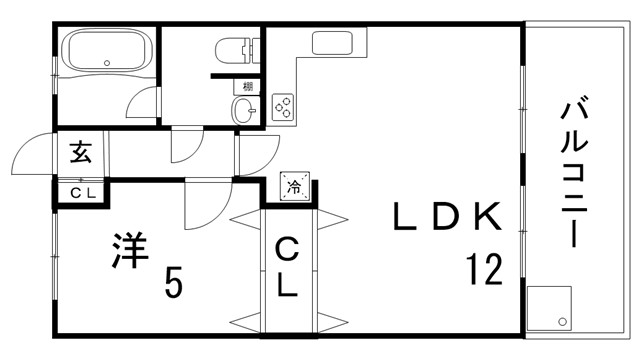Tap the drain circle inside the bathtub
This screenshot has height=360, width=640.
107,63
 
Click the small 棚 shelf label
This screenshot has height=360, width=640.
248,87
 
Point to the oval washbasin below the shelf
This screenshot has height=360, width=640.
243,110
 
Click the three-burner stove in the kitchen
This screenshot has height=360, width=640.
283,107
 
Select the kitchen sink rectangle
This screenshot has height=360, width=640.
332,43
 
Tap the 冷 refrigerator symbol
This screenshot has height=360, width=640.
294,187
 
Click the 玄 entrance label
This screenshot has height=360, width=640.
80,153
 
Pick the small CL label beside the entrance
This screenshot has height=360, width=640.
83,193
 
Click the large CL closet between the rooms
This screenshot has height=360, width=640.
287,267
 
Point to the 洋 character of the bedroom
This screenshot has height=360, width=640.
129,250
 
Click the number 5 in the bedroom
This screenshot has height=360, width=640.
173,281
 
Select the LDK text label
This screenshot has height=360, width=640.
447,216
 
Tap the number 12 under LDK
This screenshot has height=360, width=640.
484,269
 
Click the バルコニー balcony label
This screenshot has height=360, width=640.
574,171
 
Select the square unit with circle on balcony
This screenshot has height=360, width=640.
549,308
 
